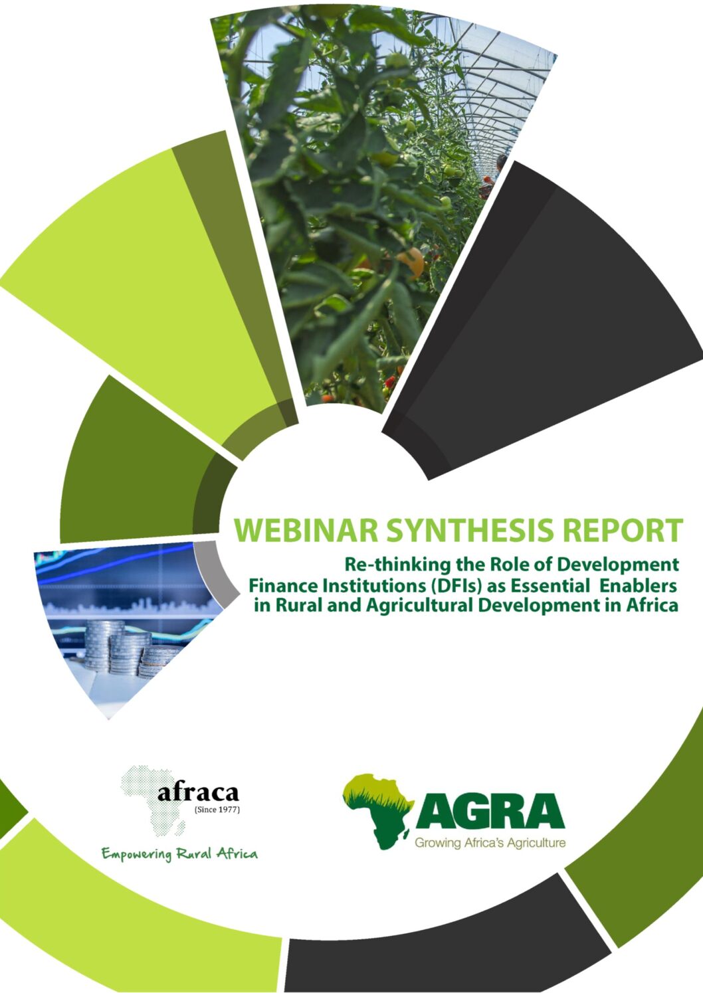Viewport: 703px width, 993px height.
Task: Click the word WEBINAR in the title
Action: point(306,530)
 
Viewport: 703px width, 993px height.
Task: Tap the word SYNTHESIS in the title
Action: point(468,530)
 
